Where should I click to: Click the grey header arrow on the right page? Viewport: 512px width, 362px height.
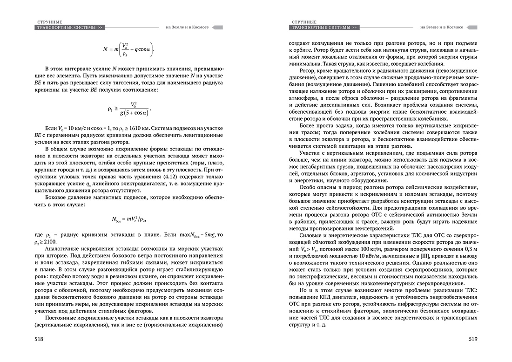coord(472,27)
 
